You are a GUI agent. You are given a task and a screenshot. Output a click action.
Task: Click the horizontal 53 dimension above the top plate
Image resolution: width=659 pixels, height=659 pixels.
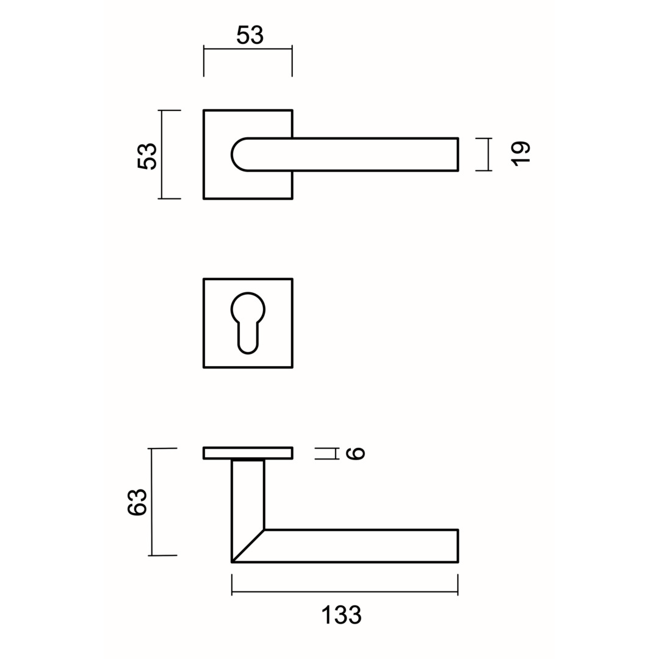pos(250,35)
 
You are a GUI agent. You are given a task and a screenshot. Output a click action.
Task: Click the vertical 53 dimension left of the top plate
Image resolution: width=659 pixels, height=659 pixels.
pos(148,156)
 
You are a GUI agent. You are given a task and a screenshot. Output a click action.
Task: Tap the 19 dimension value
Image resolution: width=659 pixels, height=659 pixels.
pos(520,153)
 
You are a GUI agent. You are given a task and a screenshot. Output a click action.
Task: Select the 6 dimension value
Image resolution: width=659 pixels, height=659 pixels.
pos(355,453)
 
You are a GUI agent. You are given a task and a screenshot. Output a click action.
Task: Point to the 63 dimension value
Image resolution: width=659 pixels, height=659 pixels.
pos(137,502)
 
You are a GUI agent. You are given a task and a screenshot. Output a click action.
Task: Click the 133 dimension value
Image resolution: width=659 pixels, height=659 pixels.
pos(342,615)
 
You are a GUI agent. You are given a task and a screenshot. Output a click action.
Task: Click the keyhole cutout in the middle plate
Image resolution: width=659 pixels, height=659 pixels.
pos(248,322)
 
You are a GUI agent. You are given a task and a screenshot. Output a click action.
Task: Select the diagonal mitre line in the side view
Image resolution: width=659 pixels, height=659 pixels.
pos(248,546)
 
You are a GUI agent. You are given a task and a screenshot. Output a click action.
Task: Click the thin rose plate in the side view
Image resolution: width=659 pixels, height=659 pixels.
pos(248,453)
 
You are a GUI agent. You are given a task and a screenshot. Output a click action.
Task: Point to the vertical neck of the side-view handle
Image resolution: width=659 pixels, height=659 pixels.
pos(248,494)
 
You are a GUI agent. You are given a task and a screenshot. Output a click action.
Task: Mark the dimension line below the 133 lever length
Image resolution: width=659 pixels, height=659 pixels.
pos(345,591)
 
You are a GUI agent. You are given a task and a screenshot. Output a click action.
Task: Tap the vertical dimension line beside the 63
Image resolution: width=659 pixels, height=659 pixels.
pos(151,502)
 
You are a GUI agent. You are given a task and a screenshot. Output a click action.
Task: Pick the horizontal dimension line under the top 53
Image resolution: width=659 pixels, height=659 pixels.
pos(248,49)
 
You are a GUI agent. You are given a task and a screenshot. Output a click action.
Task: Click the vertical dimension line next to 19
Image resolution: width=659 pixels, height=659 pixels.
pos(488,154)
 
